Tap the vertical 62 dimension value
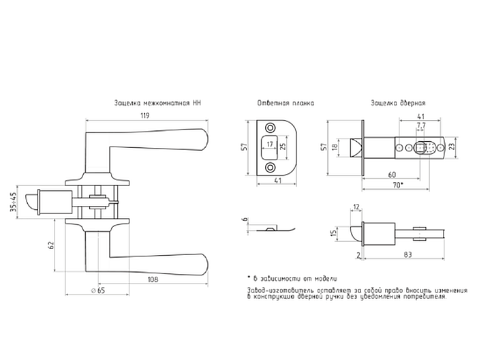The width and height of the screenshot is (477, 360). click(x=50, y=245)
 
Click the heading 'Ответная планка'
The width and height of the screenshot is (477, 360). click(x=286, y=104)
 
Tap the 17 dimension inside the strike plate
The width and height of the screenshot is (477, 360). click(x=271, y=143)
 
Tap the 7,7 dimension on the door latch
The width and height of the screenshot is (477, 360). click(x=420, y=127)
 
